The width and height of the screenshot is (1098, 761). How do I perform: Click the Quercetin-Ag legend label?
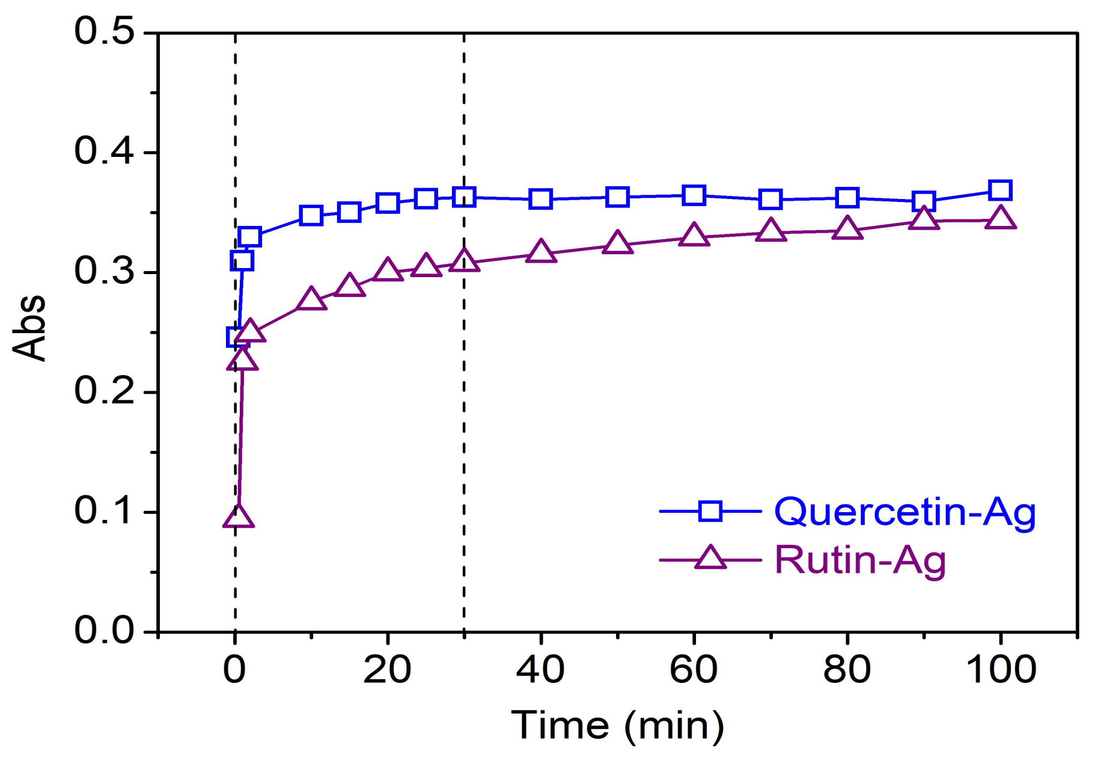click(x=904, y=513)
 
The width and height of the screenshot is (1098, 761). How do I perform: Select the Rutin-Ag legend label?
click(x=860, y=561)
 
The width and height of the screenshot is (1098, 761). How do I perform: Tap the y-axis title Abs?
click(x=29, y=328)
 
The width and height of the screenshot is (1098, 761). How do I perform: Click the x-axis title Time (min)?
click(x=617, y=726)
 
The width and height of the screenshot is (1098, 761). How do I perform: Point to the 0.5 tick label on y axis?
click(x=104, y=31)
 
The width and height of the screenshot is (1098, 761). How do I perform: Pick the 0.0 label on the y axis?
click(x=104, y=631)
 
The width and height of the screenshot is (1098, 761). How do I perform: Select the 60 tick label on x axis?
click(x=694, y=669)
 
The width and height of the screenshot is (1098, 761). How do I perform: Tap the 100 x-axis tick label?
click(x=1001, y=669)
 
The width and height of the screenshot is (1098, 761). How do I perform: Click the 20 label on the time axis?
click(x=387, y=669)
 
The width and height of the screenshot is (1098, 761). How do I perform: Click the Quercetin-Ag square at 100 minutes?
click(x=1000, y=191)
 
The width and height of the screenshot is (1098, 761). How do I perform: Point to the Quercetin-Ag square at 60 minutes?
click(x=694, y=195)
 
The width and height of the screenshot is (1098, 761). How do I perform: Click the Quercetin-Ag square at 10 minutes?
click(x=311, y=215)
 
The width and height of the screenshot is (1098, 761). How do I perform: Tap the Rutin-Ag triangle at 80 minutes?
click(x=847, y=229)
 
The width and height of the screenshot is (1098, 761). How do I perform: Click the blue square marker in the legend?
click(x=710, y=511)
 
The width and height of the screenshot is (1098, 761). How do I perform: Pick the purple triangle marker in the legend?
click(x=710, y=558)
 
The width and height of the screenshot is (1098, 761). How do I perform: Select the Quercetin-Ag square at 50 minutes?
click(x=617, y=197)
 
